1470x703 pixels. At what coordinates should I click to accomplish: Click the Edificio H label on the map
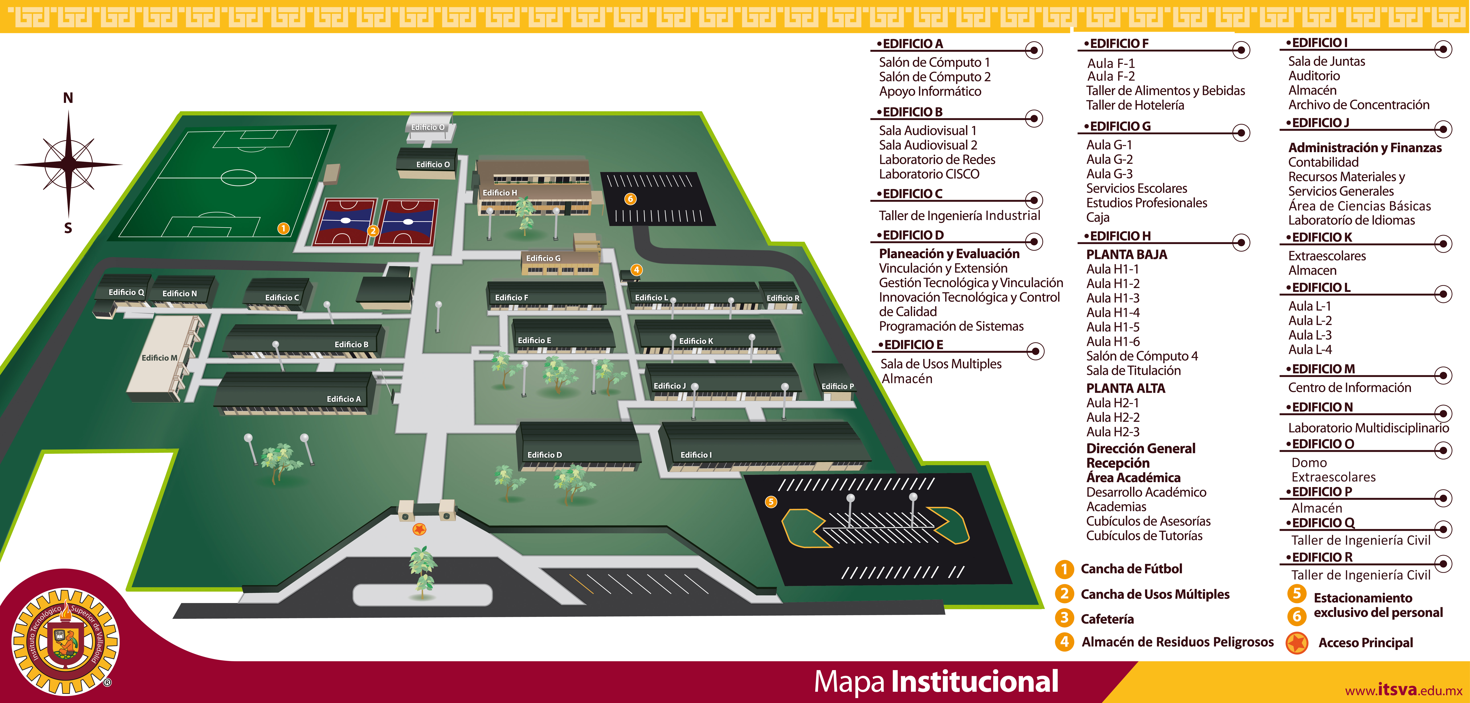[500, 193]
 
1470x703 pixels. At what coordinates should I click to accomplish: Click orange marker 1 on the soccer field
[283, 228]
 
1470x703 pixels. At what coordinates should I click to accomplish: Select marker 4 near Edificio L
[636, 270]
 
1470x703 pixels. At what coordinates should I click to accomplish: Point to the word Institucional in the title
[975, 681]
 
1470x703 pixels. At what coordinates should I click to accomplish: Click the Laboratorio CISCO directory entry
[929, 174]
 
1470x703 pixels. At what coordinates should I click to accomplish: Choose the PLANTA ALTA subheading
[1125, 388]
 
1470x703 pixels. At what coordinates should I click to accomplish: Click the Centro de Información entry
[1350, 388]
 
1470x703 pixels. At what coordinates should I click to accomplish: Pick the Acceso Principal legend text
[1366, 643]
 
